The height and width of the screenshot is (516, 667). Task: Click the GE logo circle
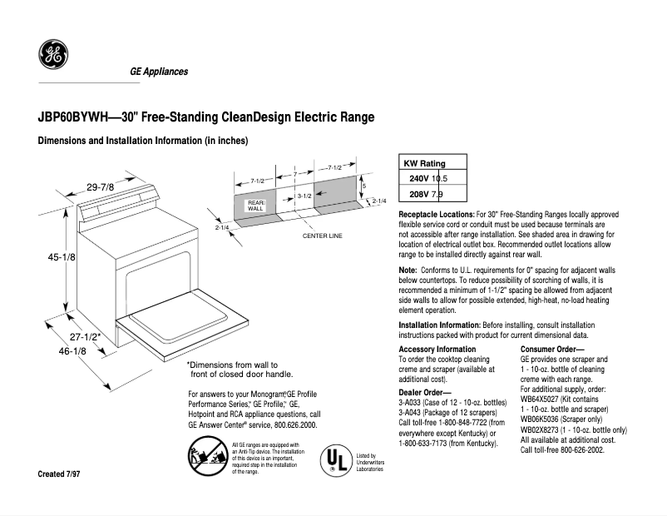53,56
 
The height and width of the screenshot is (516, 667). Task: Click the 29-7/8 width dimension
101,187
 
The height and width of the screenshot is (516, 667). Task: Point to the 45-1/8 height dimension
61,258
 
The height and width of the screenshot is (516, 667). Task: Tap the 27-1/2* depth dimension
85,337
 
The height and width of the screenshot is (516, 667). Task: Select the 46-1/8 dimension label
72,352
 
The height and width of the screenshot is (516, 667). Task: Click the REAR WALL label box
255,205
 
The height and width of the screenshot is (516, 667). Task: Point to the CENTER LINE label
322,236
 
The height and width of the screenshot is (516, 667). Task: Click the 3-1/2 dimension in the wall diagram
304,196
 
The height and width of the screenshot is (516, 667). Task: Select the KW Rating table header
424,164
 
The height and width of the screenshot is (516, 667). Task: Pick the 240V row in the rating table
428,179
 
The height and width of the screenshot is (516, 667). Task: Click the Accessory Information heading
437,349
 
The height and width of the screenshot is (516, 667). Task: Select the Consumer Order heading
552,349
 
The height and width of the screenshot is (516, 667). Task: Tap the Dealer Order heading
424,391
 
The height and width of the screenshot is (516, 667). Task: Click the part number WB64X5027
541,399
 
